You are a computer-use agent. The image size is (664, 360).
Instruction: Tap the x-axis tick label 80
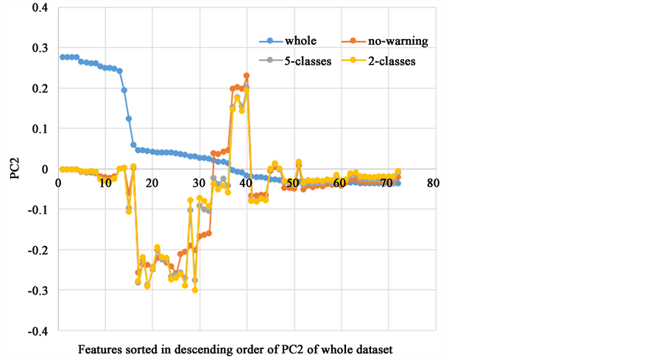(x=433, y=183)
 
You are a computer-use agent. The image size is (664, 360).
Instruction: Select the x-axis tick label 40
(x=246, y=183)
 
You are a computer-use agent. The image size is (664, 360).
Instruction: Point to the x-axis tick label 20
(x=152, y=183)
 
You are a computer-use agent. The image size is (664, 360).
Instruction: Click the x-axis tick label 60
(x=339, y=183)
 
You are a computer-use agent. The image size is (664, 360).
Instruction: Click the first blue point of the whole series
(x=63, y=57)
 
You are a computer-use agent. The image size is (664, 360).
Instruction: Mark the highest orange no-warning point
(x=247, y=75)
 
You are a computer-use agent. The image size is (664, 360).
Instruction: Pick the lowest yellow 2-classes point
(x=195, y=290)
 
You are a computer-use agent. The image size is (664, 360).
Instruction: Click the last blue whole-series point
(x=398, y=183)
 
